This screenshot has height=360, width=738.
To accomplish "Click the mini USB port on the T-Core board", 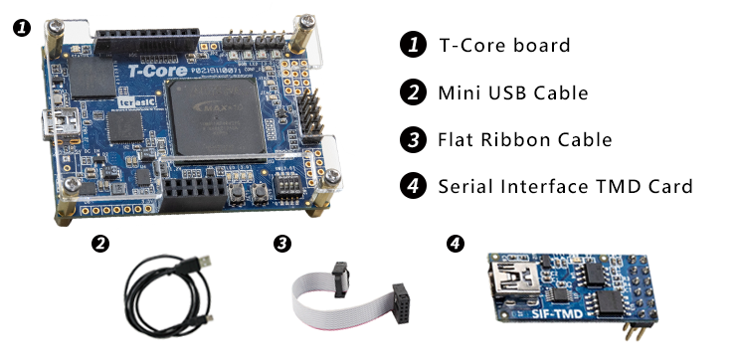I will pyautogui.click(x=50, y=126).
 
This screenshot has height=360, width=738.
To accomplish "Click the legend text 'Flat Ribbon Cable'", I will pyautogui.click(x=524, y=139).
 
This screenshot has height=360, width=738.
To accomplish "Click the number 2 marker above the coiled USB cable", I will pyautogui.click(x=98, y=243).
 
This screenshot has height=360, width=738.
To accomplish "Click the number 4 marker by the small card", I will pyautogui.click(x=456, y=243).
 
